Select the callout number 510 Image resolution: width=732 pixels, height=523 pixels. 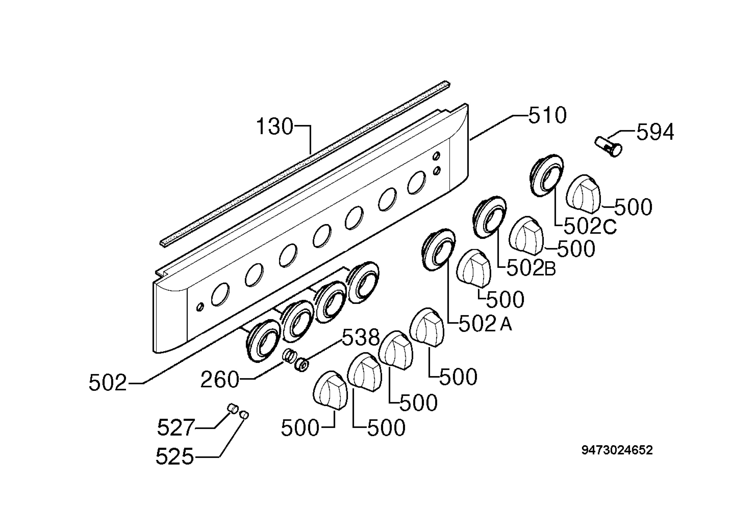[x=547, y=115]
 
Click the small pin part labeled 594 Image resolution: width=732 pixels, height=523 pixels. [x=608, y=147]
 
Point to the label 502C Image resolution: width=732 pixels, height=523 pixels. [x=590, y=226]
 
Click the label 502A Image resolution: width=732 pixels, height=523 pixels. [x=485, y=324]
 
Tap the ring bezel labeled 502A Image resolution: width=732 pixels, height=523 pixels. [x=439, y=250]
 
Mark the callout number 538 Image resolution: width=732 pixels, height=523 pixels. [x=361, y=337]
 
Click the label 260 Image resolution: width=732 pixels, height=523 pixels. [x=220, y=380]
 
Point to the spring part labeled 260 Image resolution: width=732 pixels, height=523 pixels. [x=290, y=356]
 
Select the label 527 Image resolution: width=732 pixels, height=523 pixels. [x=176, y=428]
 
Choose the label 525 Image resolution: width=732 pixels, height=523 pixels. [x=175, y=456]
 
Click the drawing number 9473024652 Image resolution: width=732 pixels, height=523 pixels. [x=617, y=450]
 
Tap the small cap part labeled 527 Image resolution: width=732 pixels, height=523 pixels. [x=233, y=408]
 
